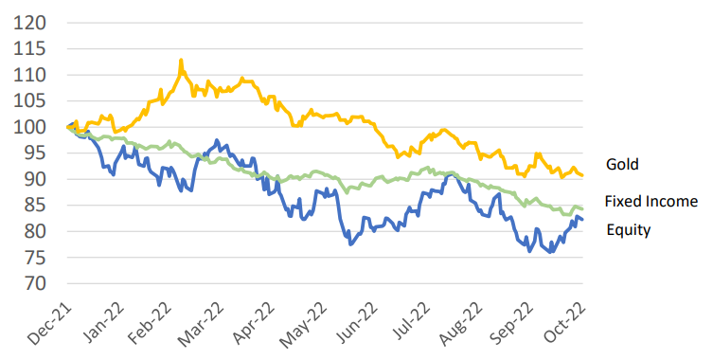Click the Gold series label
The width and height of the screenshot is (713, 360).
click(x=623, y=164)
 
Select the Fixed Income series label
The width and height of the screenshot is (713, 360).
click(x=651, y=201)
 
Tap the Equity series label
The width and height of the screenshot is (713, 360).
click(x=628, y=229)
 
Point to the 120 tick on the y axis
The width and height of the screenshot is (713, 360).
click(x=30, y=22)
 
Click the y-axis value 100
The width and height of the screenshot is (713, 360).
click(x=30, y=127)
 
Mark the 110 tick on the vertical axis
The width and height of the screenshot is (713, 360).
click(x=30, y=75)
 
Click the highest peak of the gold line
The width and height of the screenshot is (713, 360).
click(x=180, y=60)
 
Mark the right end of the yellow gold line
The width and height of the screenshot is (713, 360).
click(x=581, y=175)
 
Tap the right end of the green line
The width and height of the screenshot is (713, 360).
click(x=581, y=208)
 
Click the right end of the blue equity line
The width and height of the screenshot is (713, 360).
click(x=581, y=220)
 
